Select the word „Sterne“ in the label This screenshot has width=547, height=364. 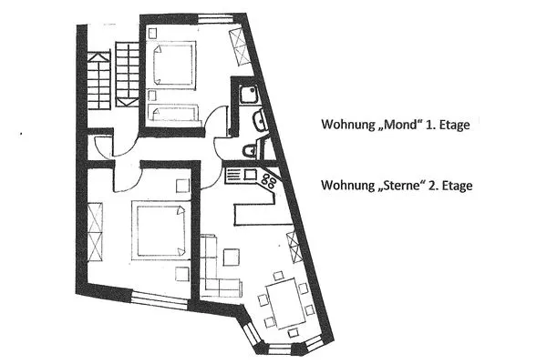coord(398,185)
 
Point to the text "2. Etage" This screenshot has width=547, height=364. coord(453,185)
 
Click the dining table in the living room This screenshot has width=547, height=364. coord(284,303)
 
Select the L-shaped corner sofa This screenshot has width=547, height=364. coord(215,269)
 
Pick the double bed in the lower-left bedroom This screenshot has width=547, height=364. coord(164,229)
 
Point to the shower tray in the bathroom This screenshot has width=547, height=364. coord(245,94)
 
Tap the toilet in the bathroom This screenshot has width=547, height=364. coord(249,151)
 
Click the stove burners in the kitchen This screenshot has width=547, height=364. coord(269,179)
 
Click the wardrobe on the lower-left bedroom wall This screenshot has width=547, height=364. coord(95,233)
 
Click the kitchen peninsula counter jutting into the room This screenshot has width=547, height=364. coord(260,212)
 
